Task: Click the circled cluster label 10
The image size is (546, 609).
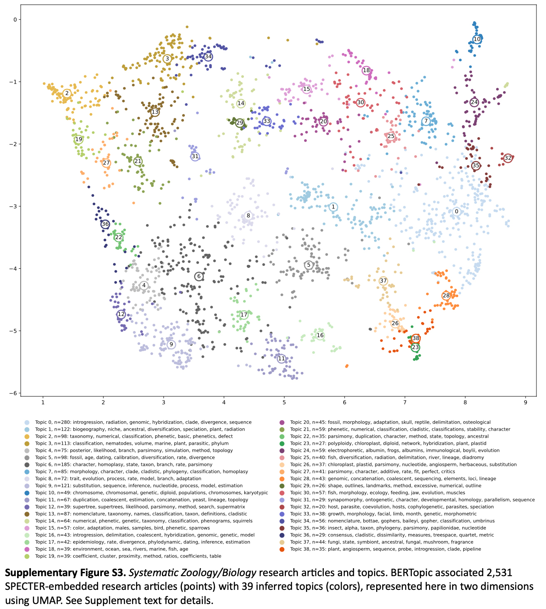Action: tap(477, 39)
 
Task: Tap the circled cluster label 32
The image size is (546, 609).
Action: tap(508, 158)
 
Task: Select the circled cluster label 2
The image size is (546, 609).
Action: tap(67, 93)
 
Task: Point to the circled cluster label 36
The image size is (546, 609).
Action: tap(105, 224)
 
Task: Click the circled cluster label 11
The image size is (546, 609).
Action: tap(281, 359)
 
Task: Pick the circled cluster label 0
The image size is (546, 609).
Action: tap(457, 211)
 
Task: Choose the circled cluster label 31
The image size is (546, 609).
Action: tap(195, 156)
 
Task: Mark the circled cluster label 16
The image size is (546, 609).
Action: tap(320, 335)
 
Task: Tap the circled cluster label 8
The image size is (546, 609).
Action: tap(248, 215)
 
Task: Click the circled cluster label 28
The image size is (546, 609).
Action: tap(446, 296)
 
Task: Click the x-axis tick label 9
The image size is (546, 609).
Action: tap(526, 403)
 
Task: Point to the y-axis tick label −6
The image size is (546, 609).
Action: tap(14, 394)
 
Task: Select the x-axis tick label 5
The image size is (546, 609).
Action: tap(284, 403)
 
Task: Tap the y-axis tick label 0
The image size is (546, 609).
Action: tap(15, 20)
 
